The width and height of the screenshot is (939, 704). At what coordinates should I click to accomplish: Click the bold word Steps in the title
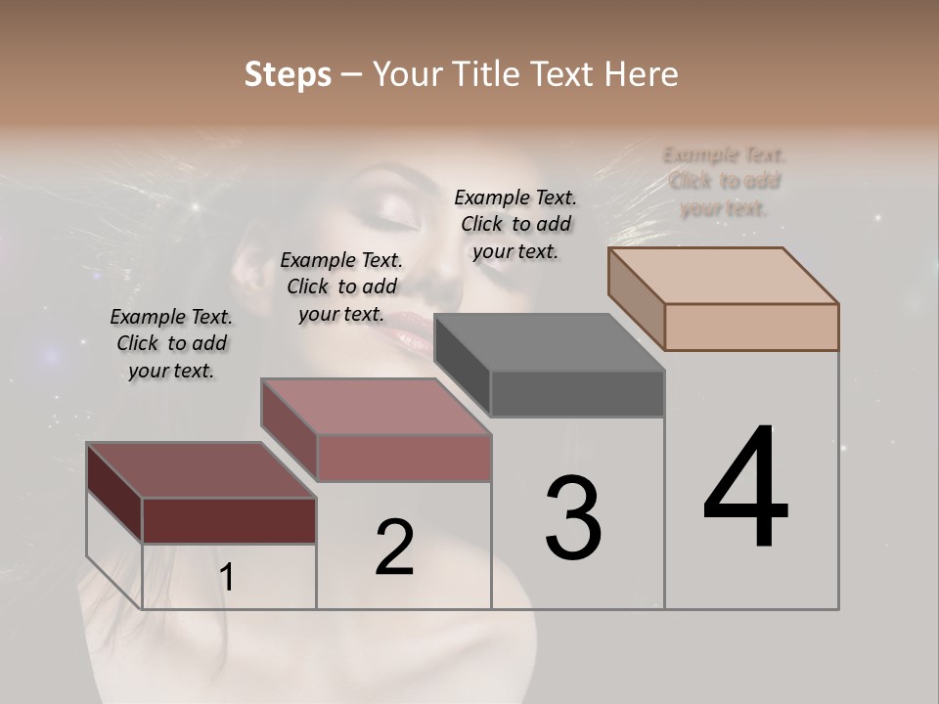tap(288, 74)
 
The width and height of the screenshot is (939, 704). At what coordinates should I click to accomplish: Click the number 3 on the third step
tap(573, 518)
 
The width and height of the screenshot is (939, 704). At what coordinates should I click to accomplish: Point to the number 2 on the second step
tap(394, 548)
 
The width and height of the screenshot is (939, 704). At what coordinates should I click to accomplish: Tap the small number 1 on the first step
tap(227, 578)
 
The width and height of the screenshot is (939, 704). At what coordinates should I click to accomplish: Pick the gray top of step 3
tap(549, 342)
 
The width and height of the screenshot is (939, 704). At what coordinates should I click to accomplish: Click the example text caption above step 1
tap(171, 343)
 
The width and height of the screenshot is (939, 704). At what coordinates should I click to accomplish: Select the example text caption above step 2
tap(341, 286)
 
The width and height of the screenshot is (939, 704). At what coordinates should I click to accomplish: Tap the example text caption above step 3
tap(515, 224)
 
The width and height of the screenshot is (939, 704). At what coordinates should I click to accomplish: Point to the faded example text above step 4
tap(724, 181)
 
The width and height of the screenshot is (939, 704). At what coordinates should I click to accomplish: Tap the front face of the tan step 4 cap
tap(751, 327)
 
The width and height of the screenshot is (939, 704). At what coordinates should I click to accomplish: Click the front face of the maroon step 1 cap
tap(229, 520)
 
